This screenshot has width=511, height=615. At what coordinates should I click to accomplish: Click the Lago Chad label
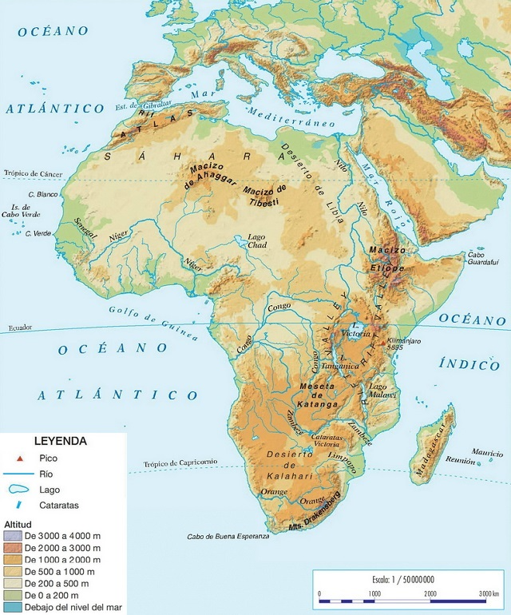[x=256, y=242]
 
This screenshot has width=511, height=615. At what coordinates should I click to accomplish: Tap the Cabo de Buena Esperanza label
[x=228, y=537]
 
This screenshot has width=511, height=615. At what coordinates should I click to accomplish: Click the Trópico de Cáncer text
[x=32, y=173]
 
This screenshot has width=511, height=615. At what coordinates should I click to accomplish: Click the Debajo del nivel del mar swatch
[x=13, y=608]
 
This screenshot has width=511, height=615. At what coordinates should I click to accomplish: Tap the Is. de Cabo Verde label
[x=19, y=210]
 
